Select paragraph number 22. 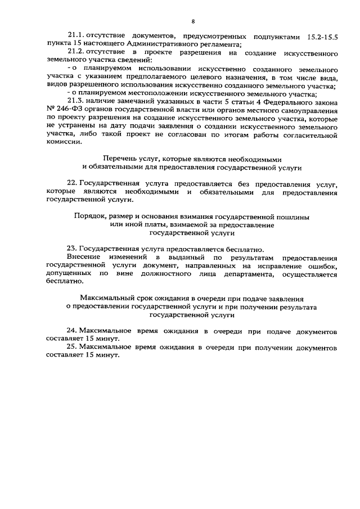pyautogui.click(x=72, y=184)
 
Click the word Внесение pyautogui.click(x=83, y=257)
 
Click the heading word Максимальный pyautogui.click(x=107, y=299)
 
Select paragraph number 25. pyautogui.click(x=72, y=348)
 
